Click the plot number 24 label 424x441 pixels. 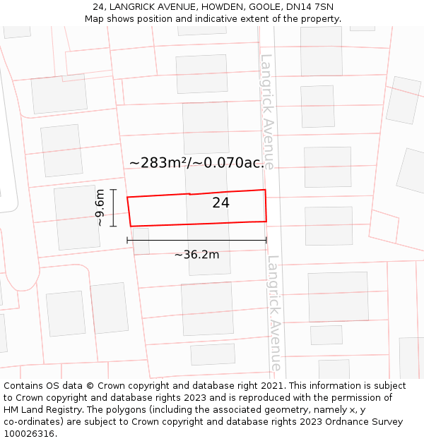(220, 203)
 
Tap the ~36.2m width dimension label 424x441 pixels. (196, 255)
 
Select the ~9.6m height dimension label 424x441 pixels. (100, 207)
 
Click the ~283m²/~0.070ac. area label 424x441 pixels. (197, 163)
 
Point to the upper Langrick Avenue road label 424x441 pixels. (267, 111)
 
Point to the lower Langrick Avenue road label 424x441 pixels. (275, 313)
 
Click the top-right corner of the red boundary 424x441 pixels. (265, 190)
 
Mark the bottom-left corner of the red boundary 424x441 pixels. (131, 226)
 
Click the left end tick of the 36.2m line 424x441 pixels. (127, 240)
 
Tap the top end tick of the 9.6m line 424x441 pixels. (112, 189)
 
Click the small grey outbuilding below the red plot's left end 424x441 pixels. (141, 241)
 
